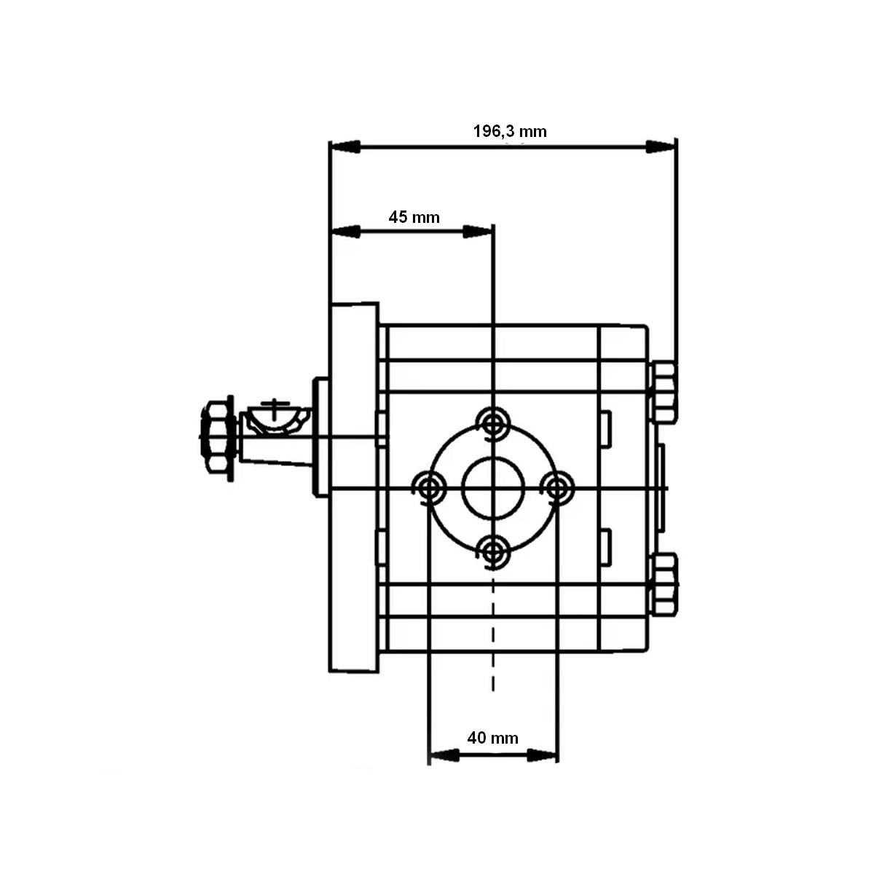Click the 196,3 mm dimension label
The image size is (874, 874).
coord(509,132)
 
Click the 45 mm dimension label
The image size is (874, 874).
coord(414,217)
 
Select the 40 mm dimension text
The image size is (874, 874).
coord(492,738)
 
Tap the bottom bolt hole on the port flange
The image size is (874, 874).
coord(494,550)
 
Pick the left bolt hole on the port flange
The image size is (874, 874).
coord(430,486)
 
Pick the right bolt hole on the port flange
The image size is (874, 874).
coord(559,486)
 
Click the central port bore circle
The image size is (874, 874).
coord(494,486)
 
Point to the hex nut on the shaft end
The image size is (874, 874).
coord(216,436)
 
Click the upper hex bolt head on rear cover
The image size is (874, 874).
coord(664,393)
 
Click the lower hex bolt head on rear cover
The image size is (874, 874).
coord(664,584)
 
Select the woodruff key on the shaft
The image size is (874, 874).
coord(275,417)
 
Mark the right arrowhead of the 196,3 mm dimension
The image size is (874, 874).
coord(661,147)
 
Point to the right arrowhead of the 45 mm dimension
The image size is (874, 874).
coord(479,232)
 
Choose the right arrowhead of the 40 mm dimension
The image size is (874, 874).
coord(543,755)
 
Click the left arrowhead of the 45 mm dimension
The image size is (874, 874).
coord(347,232)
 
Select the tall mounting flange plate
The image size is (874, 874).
coord(354,487)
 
